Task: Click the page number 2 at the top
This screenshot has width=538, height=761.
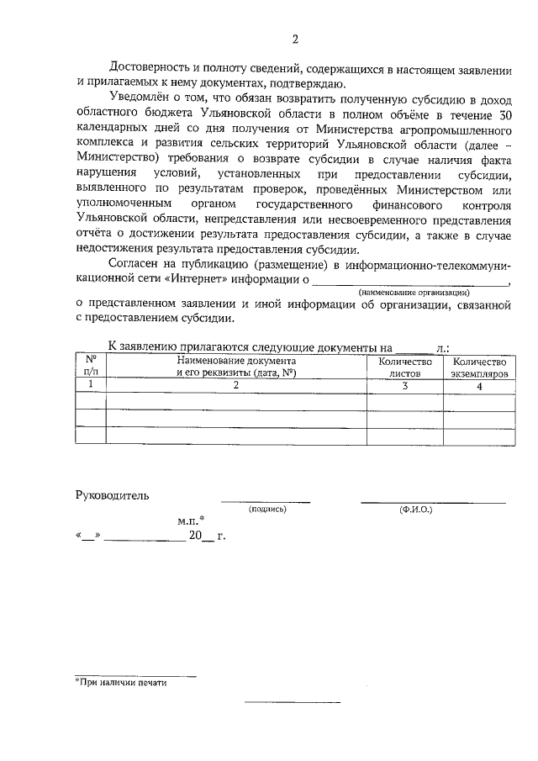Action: tap(295, 40)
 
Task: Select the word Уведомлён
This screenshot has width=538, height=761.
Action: tap(138, 99)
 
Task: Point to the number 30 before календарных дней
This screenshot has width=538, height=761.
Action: tap(504, 115)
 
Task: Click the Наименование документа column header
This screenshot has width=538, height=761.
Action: tap(236, 367)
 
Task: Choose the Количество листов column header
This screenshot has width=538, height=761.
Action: tap(405, 367)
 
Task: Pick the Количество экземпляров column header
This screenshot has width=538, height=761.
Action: tap(479, 367)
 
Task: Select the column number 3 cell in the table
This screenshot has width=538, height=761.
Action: tap(405, 385)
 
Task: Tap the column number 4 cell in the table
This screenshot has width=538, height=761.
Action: tap(479, 385)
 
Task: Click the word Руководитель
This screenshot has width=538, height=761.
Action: tap(112, 494)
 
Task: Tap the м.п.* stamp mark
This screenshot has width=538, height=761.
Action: tap(192, 521)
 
